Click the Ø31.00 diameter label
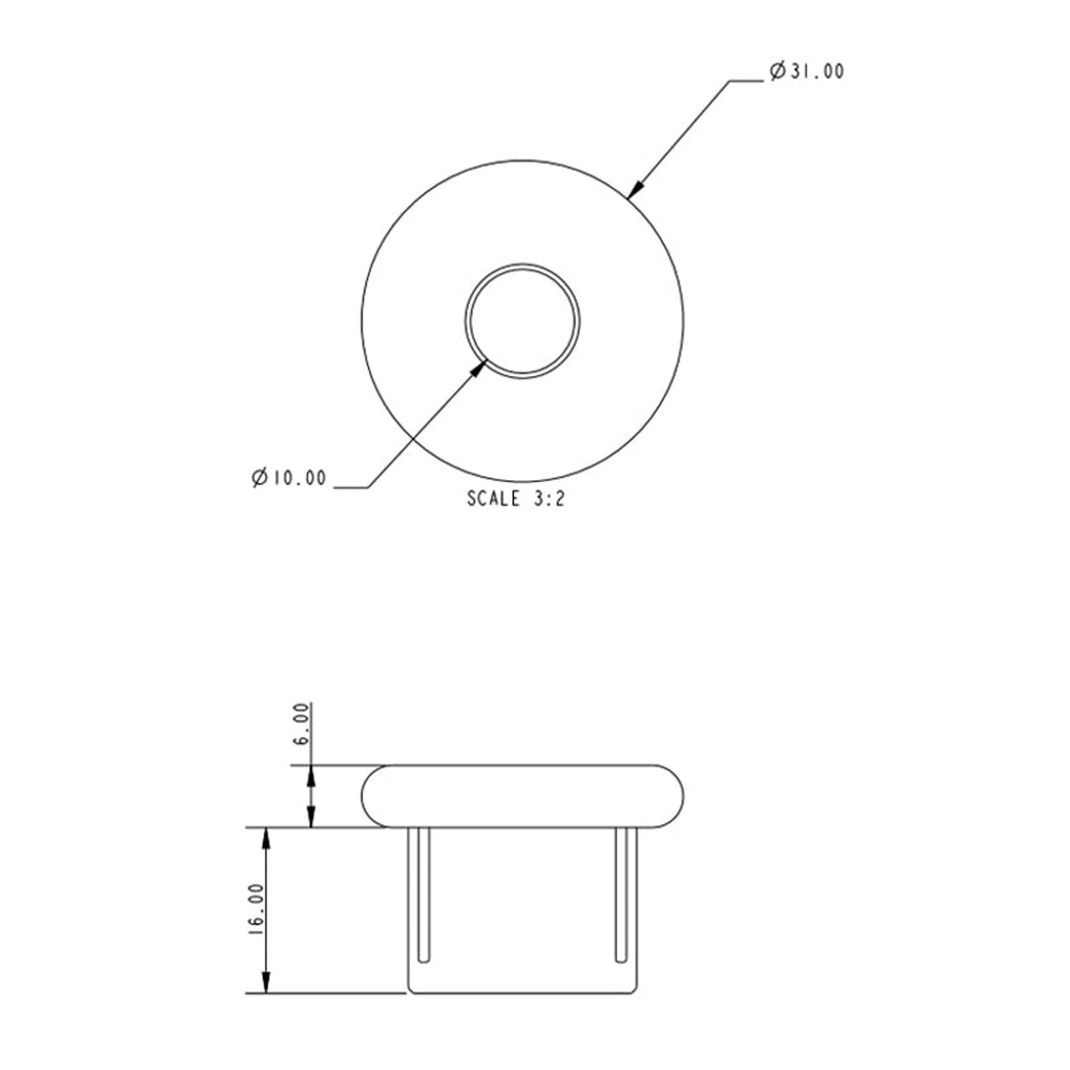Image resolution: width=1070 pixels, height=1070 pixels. (806, 71)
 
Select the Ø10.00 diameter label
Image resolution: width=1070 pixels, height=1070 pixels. (288, 479)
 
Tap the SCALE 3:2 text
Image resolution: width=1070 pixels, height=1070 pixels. (516, 500)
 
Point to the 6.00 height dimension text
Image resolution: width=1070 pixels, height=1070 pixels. (301, 724)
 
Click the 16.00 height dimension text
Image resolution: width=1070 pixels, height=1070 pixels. (256, 909)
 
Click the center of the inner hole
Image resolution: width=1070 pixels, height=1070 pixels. (523, 319)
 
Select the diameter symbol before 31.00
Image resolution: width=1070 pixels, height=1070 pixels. (777, 71)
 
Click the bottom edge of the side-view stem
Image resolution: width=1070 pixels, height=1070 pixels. (523, 992)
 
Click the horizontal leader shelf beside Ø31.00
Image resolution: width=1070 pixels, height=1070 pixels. (746, 81)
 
